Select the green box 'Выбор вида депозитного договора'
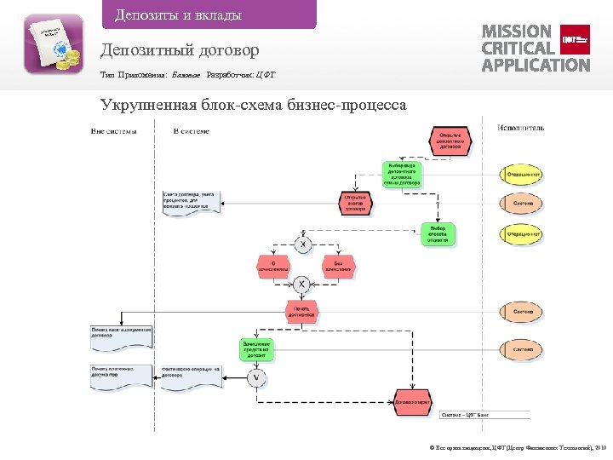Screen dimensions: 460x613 (x=400, y=174)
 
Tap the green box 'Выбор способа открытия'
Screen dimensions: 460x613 (x=438, y=234)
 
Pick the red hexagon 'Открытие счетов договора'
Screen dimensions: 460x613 (x=355, y=203)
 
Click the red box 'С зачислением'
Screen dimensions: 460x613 (x=273, y=267)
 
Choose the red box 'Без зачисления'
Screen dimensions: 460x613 (x=338, y=267)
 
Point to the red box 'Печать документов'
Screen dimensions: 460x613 (x=302, y=311)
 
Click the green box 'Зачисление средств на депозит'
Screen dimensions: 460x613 (x=255, y=348)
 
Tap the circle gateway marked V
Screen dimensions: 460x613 (x=256, y=377)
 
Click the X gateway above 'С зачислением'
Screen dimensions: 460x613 (x=302, y=244)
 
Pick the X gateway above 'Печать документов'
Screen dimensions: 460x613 (x=302, y=284)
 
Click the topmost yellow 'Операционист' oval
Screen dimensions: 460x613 (x=521, y=175)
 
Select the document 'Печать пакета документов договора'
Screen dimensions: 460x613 (x=122, y=333)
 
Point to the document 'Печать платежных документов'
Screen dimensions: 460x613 (x=121, y=375)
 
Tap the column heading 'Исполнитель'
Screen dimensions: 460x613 (x=520, y=129)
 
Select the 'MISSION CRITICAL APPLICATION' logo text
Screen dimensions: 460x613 (x=535, y=48)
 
